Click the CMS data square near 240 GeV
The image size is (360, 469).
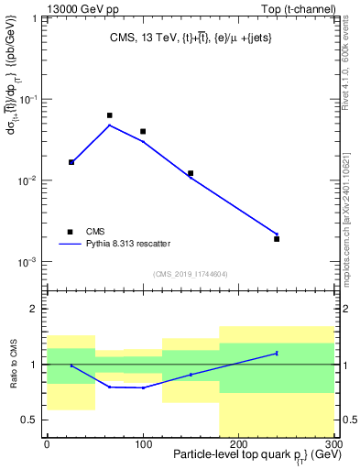click(x=277, y=238)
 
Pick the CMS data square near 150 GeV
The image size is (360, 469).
click(x=191, y=173)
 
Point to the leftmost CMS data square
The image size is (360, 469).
click(x=71, y=162)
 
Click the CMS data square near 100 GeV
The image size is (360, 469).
click(x=143, y=131)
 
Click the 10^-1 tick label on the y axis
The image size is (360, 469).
click(x=27, y=99)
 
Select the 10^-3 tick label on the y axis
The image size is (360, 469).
click(x=27, y=262)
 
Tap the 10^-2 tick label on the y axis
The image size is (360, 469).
click(x=27, y=180)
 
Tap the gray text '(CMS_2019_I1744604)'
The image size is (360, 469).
click(x=191, y=274)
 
